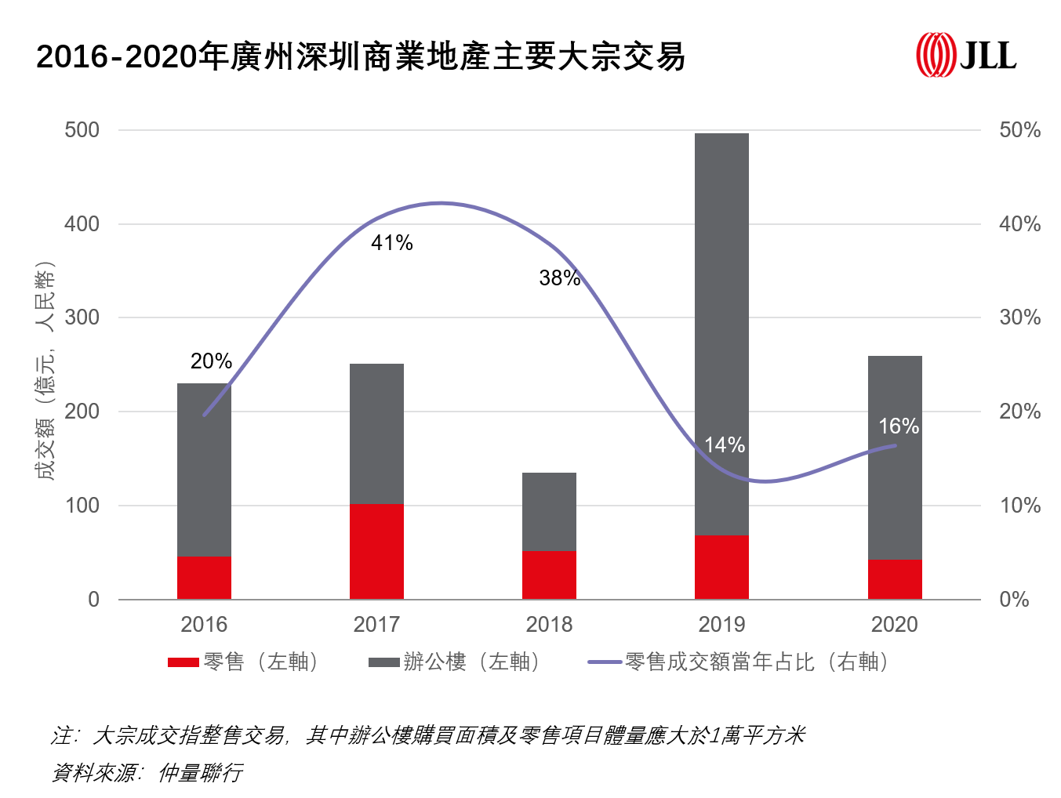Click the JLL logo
(x=966, y=55)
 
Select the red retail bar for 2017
(x=376, y=551)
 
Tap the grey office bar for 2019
(x=721, y=334)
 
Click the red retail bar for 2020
(x=895, y=579)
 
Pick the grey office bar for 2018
(x=549, y=512)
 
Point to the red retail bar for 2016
(x=204, y=578)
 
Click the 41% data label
(x=392, y=243)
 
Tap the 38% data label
(x=560, y=277)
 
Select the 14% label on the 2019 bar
(x=725, y=445)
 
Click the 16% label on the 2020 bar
(x=899, y=426)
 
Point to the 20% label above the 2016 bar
(x=211, y=361)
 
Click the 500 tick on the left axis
(x=82, y=130)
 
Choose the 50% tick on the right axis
(x=1019, y=130)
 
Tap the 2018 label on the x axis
(x=549, y=625)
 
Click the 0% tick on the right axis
(x=1014, y=600)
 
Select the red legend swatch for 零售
(x=183, y=662)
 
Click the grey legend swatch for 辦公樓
(x=384, y=662)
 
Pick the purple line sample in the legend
(x=605, y=662)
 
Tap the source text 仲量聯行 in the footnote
(x=200, y=773)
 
